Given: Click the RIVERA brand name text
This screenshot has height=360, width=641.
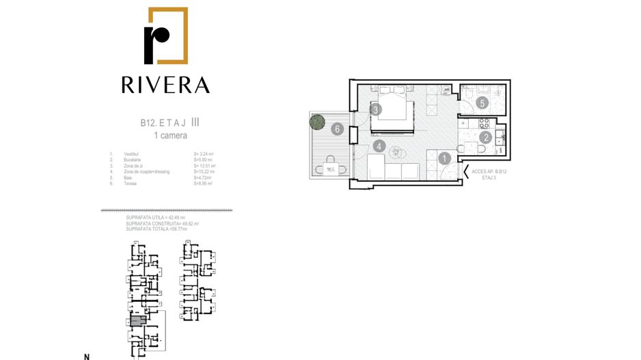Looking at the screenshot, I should pyautogui.click(x=165, y=85).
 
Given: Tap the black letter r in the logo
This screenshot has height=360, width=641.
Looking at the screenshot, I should pyautogui.click(x=156, y=43).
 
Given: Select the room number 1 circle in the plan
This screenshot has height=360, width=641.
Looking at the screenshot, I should pyautogui.click(x=444, y=158).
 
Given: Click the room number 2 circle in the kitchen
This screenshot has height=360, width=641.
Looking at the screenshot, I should pyautogui.click(x=485, y=137).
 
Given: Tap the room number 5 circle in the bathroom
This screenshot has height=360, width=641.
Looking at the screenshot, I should pyautogui.click(x=482, y=104).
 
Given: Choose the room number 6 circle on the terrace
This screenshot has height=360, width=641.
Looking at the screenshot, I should pyautogui.click(x=337, y=128).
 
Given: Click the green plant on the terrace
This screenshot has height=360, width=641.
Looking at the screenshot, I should pyautogui.click(x=316, y=122).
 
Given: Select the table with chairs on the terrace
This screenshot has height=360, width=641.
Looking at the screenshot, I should pyautogui.click(x=331, y=168).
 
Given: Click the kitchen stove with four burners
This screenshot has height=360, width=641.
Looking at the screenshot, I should pyautogui.click(x=485, y=124).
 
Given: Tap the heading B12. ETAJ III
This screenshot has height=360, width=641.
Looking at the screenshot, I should pyautogui.click(x=170, y=124).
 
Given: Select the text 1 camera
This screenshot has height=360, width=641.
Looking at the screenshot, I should pyautogui.click(x=169, y=136).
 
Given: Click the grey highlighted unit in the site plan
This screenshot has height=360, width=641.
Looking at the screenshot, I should pyautogui.click(x=137, y=320).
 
